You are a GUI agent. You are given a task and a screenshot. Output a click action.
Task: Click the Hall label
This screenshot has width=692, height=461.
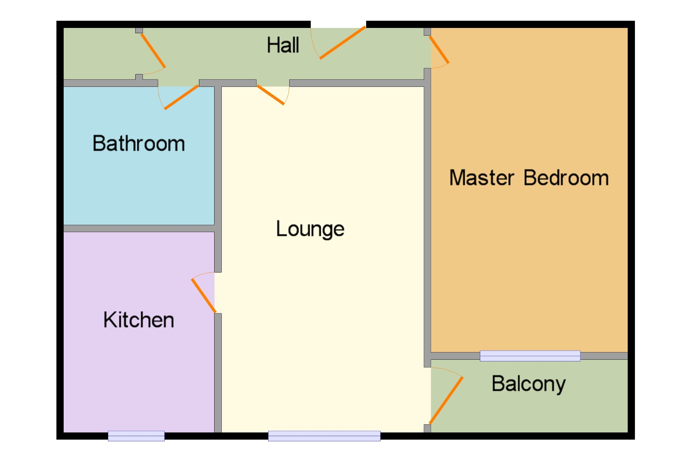[x=283, y=45]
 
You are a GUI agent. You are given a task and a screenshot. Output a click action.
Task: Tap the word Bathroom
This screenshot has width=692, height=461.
[x=138, y=144]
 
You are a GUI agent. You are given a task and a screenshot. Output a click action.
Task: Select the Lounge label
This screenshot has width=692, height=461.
[x=310, y=229]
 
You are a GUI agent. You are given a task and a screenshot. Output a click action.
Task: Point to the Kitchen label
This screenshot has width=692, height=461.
[x=138, y=320]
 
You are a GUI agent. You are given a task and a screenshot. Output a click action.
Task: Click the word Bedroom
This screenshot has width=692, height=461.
[x=566, y=178]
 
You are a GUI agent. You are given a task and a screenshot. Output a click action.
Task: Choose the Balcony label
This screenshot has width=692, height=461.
[x=528, y=384]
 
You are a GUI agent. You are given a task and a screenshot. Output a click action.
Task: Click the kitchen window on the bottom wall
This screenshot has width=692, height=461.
[x=136, y=436]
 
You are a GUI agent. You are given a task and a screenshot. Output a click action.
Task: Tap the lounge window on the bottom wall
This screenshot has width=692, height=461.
[x=324, y=436]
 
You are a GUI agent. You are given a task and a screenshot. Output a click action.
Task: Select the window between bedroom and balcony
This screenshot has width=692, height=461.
[x=530, y=356]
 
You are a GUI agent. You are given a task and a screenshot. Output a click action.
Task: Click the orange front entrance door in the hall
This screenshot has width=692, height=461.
[x=343, y=43]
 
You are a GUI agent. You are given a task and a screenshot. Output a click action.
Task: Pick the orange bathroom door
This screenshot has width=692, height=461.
[x=181, y=97]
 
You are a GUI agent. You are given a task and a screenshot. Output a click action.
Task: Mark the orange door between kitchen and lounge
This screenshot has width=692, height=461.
[x=204, y=296]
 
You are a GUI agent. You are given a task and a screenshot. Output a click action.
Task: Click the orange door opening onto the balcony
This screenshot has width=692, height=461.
[x=446, y=400]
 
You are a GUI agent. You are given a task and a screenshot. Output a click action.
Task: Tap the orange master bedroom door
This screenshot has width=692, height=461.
[x=439, y=50]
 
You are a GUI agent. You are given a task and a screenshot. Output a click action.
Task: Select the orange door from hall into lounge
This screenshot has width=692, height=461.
[x=271, y=95]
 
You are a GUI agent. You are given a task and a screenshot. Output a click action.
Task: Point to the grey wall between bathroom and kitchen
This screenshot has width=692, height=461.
[x=138, y=228]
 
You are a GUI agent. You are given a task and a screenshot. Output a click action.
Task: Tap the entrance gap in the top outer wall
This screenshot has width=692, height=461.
[x=338, y=24]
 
